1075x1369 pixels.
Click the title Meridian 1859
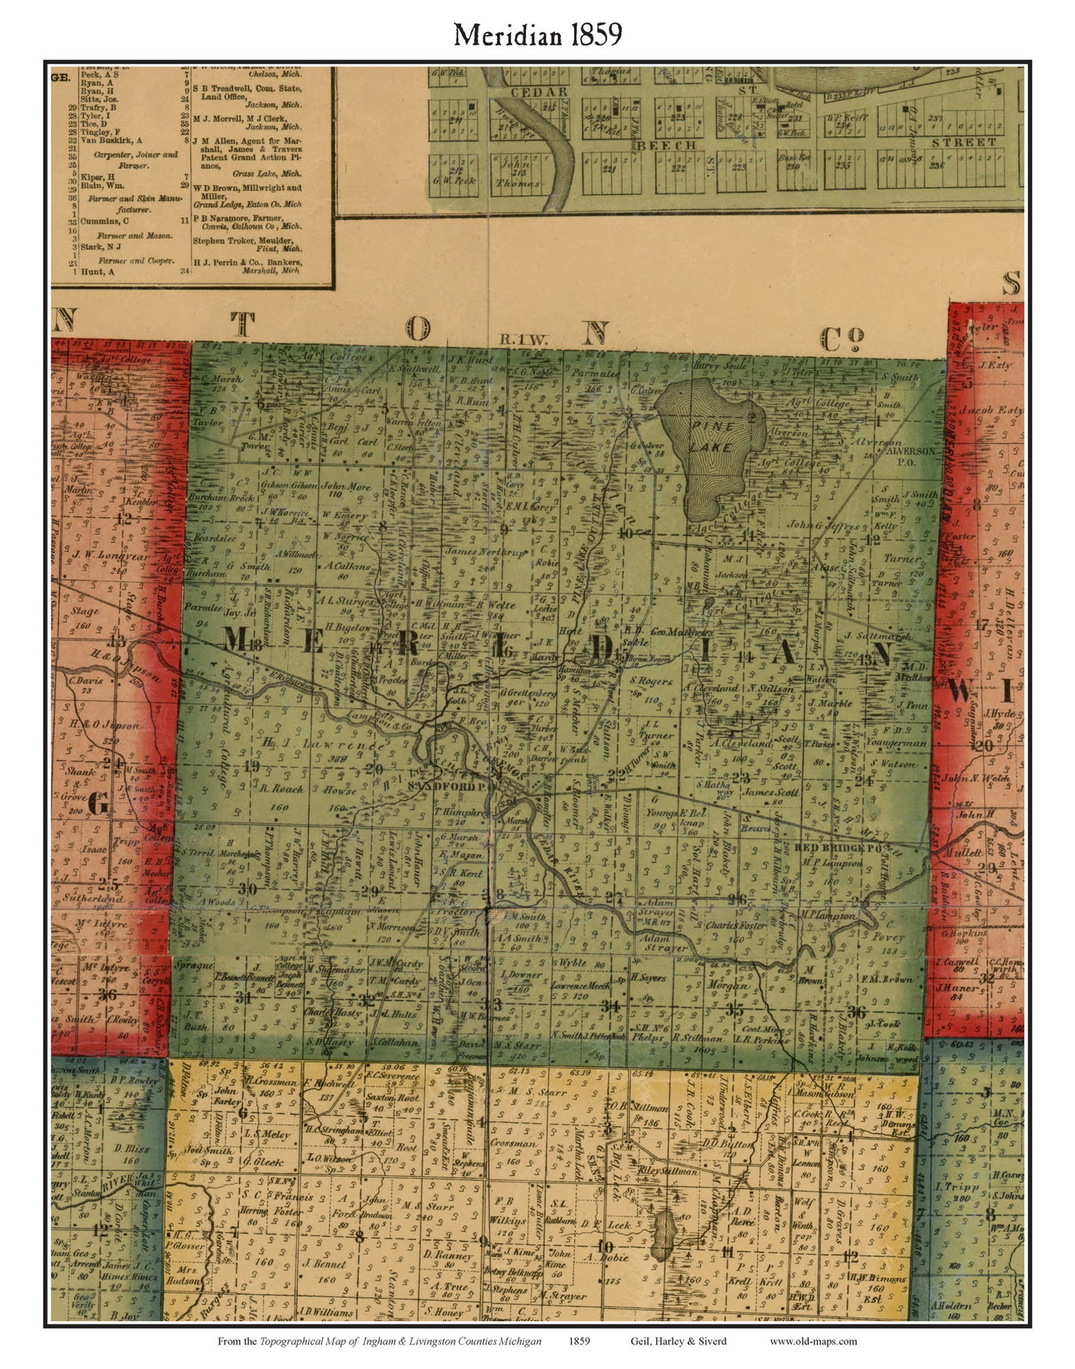coord(537,35)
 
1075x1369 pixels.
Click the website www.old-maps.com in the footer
coord(813,1341)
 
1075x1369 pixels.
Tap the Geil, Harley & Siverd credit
coord(678,1341)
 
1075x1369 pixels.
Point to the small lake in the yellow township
coord(665,1236)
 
